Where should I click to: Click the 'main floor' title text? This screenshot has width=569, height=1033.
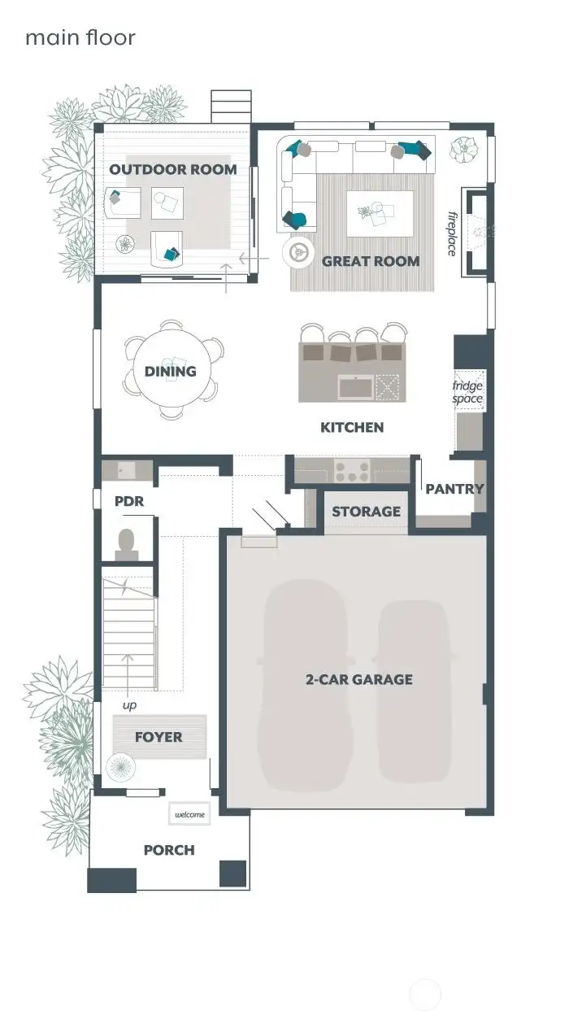pyautogui.click(x=80, y=37)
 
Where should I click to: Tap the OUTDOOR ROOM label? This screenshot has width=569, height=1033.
pyautogui.click(x=173, y=169)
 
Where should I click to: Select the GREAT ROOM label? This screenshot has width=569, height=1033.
pyautogui.click(x=371, y=261)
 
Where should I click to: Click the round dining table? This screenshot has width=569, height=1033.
pyautogui.click(x=171, y=371)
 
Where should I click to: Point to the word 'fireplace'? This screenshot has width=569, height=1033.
pyautogui.click(x=452, y=233)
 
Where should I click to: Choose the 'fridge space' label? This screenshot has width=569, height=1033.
pyautogui.click(x=467, y=392)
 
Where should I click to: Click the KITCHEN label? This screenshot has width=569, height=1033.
pyautogui.click(x=352, y=427)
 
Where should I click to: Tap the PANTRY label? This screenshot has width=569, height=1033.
pyautogui.click(x=454, y=489)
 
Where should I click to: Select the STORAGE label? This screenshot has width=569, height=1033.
pyautogui.click(x=366, y=512)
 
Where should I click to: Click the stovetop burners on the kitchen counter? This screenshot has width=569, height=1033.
pyautogui.click(x=352, y=470)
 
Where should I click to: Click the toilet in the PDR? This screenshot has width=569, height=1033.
pyautogui.click(x=127, y=543)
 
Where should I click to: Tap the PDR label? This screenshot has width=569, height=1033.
pyautogui.click(x=128, y=501)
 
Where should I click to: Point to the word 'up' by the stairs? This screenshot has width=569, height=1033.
pyautogui.click(x=129, y=705)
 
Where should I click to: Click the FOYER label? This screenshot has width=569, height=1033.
pyautogui.click(x=159, y=737)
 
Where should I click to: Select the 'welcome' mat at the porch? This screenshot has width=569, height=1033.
pyautogui.click(x=190, y=814)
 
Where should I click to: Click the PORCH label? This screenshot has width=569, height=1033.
pyautogui.click(x=169, y=850)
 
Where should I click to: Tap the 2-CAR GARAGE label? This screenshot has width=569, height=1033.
pyautogui.click(x=358, y=679)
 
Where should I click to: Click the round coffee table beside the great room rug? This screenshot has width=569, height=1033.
pyautogui.click(x=298, y=253)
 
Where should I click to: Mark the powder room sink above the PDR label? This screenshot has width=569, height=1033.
pyautogui.click(x=127, y=470)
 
